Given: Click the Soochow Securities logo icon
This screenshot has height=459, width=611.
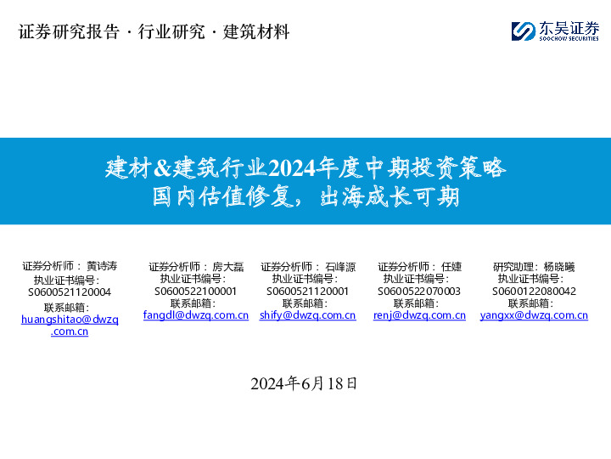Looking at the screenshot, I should coord(523,31).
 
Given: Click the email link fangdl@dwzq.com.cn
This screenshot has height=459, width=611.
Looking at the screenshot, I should coord(195,314).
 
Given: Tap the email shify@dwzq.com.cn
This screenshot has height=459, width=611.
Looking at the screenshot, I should coord(307,314).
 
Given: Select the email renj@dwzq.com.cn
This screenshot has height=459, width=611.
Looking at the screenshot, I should coord(419,314).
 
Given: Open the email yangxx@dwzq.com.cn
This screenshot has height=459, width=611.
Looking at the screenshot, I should coord(534,314).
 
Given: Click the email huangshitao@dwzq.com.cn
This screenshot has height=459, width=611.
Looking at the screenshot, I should coord(70,325).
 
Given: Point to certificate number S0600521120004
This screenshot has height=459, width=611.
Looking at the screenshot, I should coord(70,292).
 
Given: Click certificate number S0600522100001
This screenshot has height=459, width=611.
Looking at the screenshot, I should coord(195,291).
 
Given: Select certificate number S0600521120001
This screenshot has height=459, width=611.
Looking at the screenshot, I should coord(307,291).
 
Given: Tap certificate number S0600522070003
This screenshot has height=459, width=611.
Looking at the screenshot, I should coord(419,291).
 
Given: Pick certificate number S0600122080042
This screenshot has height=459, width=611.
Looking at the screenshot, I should coord(534,291).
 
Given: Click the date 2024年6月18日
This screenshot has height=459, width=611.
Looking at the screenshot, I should coord(305,383).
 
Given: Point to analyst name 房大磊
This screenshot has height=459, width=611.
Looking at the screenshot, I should coord(227,267).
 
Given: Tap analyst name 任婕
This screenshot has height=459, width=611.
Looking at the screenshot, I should coord(451,267).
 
